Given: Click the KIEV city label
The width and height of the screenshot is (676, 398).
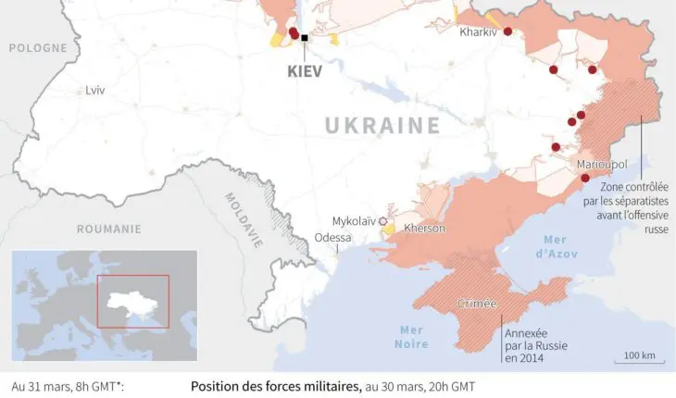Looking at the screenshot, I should coord(303,70).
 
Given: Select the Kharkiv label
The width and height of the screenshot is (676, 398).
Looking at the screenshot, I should coord(478,32).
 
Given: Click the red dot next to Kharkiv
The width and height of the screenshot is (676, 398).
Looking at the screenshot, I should coord(507,31).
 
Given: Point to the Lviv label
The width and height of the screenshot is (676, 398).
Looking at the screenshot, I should coord(94,91).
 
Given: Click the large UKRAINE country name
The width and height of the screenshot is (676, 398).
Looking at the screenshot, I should coord(382,126).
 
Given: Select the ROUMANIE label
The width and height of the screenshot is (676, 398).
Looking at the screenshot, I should coord(108,229).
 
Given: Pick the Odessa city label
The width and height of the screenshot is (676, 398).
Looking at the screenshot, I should coord(332,238).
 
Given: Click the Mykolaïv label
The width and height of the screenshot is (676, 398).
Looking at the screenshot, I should coord(354,221).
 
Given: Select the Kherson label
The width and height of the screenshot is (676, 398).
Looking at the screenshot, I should coord(425,229).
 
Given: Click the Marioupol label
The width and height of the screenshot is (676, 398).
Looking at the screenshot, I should coord(602,164).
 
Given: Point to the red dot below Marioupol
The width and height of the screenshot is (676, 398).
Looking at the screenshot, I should coord(585,178).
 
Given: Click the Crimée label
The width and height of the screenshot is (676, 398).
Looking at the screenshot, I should coord(478,304).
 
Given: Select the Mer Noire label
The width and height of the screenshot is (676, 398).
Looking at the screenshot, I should coord(411,338).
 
